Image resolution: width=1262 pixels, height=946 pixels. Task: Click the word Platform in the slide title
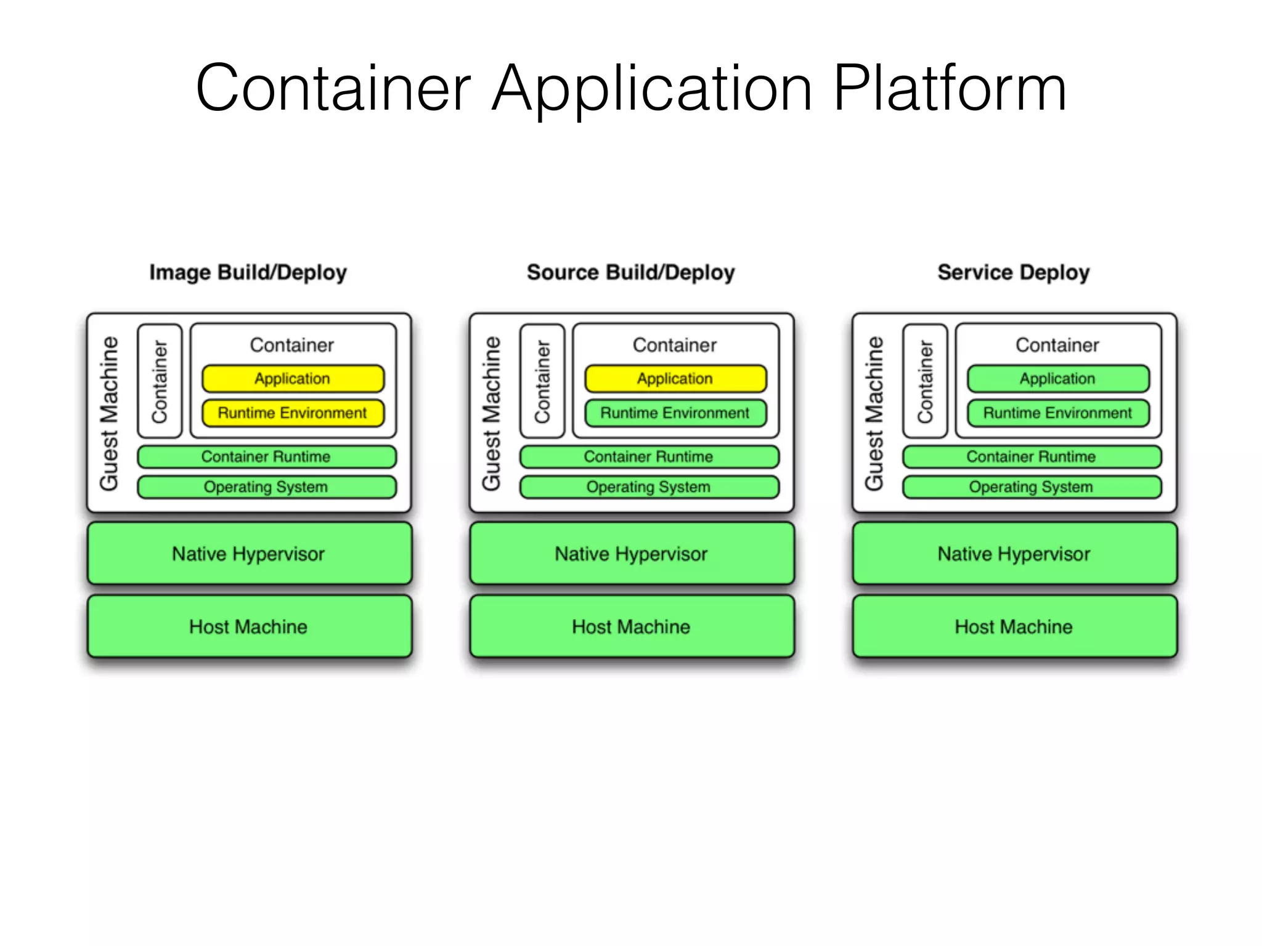[x=949, y=89]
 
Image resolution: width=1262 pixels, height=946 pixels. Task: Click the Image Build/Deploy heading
[x=248, y=272]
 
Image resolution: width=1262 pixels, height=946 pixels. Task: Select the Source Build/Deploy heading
[x=630, y=272]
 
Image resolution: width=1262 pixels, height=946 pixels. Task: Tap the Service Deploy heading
[x=1013, y=272]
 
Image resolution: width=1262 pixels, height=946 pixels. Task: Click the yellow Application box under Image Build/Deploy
[x=293, y=379]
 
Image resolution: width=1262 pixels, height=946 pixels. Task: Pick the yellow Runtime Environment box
[x=293, y=413]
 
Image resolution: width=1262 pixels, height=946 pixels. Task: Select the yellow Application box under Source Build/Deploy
[x=675, y=379]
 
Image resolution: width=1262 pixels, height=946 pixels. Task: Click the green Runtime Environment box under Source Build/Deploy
[x=675, y=413]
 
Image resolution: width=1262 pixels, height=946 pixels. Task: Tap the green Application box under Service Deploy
[x=1058, y=379]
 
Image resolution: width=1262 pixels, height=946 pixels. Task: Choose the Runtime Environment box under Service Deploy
[x=1058, y=413]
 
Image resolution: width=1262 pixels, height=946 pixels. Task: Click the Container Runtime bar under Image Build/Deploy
[x=266, y=456]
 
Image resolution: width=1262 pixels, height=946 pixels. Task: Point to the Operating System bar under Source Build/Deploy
[x=649, y=487]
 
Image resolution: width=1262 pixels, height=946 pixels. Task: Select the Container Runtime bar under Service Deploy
[x=1032, y=456]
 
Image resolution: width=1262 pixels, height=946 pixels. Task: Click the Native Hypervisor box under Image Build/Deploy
[x=249, y=554]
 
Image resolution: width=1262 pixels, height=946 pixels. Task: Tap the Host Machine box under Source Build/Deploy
[x=632, y=626]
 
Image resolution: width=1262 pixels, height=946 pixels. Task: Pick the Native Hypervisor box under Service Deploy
[x=1014, y=554]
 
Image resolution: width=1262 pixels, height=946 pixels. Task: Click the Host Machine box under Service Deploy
[x=1014, y=626]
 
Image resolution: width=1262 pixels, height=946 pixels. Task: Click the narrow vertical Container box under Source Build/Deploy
[x=542, y=381]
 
